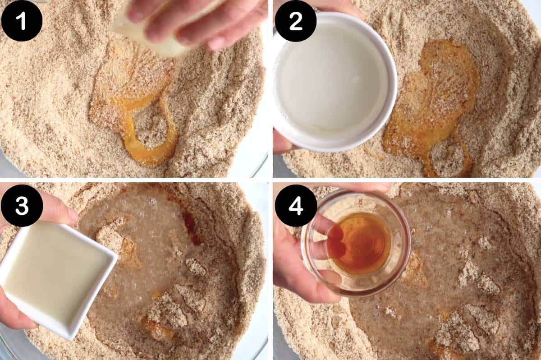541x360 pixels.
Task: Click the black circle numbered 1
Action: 22,21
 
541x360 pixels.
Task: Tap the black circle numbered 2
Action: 295,21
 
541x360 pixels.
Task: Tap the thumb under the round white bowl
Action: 282,142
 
